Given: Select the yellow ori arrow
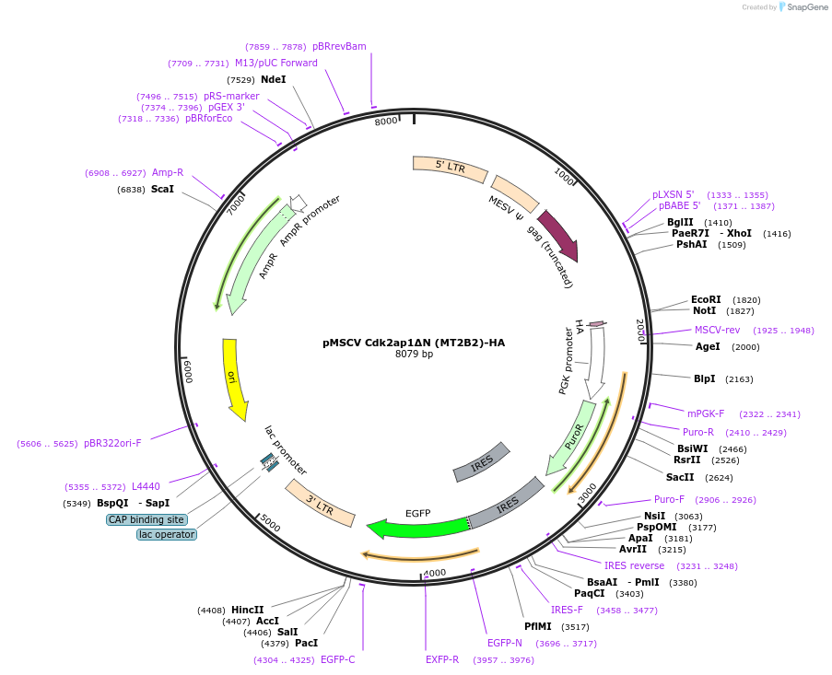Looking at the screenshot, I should pos(234,378).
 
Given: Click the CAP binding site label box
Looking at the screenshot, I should pos(147,519).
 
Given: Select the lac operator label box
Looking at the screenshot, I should pos(167,534).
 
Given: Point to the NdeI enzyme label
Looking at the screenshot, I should pos(274,80).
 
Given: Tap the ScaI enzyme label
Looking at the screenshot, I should pos(162,189).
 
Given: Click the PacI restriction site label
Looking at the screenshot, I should pos(306,644).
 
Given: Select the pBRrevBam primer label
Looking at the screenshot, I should pos(339,46).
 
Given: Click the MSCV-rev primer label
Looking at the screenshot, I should pos(717,330).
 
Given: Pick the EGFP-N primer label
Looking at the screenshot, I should pos(505,643).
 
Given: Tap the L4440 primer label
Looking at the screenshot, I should pos(146,486).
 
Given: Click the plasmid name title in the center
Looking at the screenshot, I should pos(414,343).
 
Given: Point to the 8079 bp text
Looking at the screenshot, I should pos(414,355).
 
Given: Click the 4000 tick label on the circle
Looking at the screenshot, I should pos(435,573).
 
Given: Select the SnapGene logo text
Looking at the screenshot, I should pos(803,7).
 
